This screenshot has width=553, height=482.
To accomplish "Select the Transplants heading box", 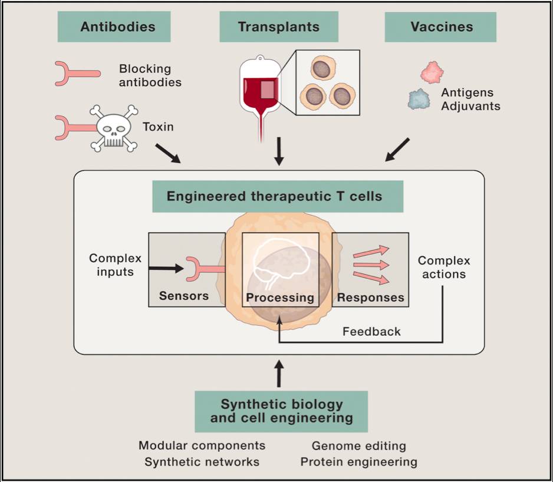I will (278, 27).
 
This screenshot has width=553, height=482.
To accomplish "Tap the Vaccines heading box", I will (440, 27).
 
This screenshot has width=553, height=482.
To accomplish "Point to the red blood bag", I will (262, 88).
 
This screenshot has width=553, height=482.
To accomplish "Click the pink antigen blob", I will (432, 72).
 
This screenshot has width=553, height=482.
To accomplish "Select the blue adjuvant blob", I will (420, 98).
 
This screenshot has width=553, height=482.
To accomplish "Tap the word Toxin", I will (158, 126).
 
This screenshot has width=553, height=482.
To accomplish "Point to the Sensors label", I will (183, 296).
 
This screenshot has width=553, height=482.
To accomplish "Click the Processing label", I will (280, 298).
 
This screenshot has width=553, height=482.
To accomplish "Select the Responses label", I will (370, 298).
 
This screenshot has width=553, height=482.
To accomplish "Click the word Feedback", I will (371, 332).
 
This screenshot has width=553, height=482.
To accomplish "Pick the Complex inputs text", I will (116, 265).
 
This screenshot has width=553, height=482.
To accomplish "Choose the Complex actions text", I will (443, 267).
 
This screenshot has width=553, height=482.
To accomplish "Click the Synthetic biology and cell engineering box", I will (281, 411).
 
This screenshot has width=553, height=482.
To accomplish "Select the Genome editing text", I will (358, 446).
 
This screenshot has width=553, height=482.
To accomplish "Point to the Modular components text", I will (202, 445).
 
